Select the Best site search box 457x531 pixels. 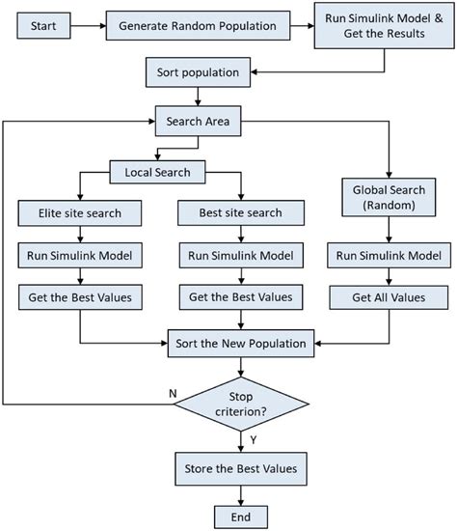(x=236, y=212)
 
